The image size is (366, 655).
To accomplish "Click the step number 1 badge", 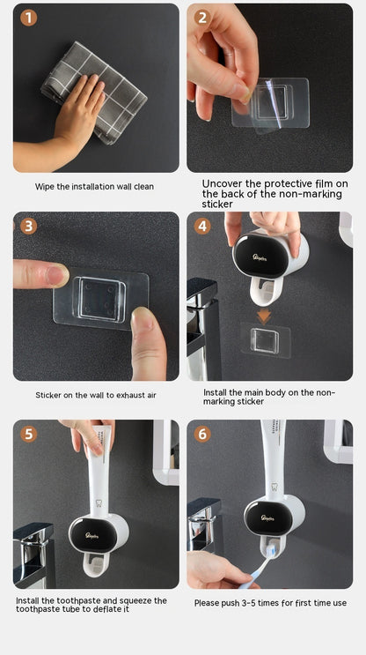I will click(29, 18).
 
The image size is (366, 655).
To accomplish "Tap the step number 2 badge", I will click(202, 18).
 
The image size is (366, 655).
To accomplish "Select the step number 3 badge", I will click(29, 226).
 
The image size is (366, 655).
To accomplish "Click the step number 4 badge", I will click(202, 226).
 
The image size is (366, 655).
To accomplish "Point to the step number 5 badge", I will click(29, 434).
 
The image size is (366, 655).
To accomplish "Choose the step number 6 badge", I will click(202, 434).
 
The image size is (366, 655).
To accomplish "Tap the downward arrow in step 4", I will click(262, 316).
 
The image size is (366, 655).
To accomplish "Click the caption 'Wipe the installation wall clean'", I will click(94, 187).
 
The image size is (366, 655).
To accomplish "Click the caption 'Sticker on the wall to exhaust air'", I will click(96, 395).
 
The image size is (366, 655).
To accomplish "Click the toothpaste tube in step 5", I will click(100, 467).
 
